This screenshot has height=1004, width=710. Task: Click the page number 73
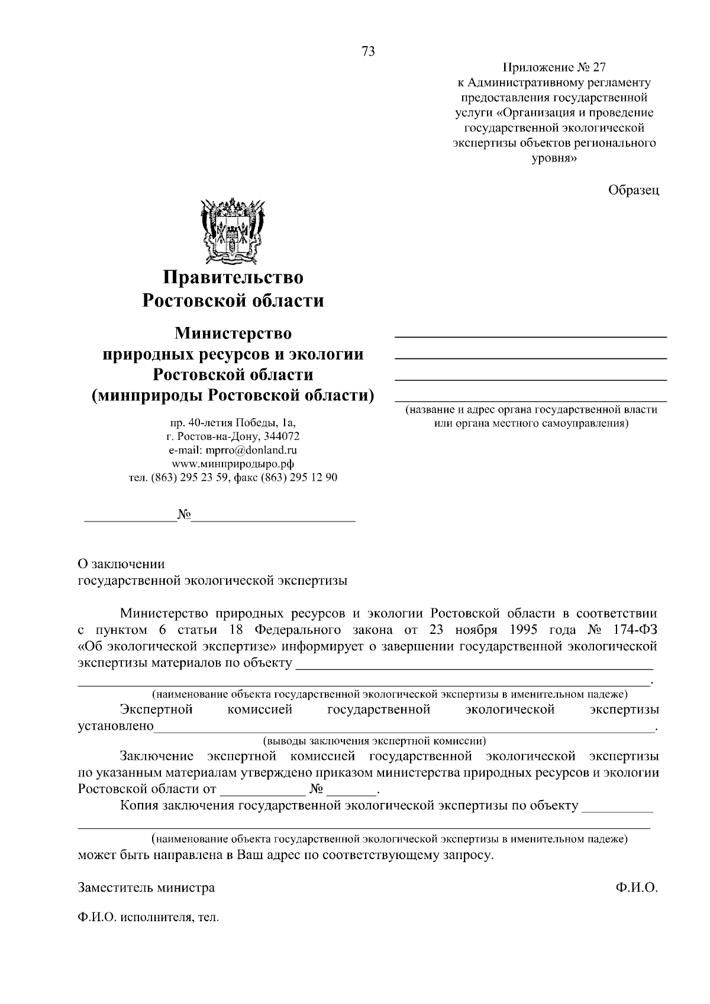click(367, 51)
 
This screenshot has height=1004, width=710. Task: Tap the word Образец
click(633, 190)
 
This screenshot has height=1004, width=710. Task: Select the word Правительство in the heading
click(233, 277)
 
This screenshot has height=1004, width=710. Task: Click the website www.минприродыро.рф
click(233, 464)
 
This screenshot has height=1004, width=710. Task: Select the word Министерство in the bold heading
click(233, 333)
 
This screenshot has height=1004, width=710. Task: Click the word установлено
click(116, 726)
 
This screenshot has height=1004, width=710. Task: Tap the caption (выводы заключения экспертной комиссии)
click(375, 740)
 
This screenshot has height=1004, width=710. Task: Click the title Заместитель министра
click(146, 888)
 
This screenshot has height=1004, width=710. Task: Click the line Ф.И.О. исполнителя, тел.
click(148, 918)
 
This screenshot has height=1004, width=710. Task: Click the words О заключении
click(121, 563)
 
